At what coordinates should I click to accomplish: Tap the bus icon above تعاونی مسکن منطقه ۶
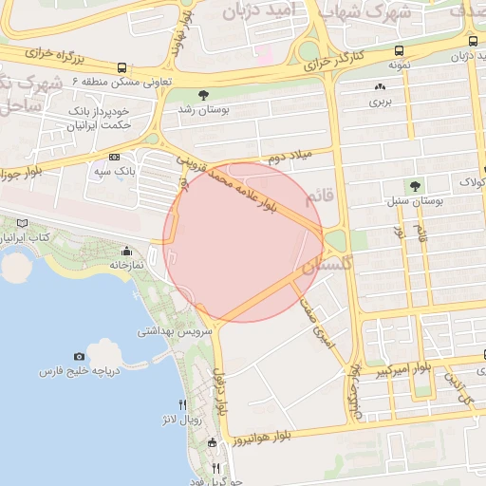(x=122, y=67)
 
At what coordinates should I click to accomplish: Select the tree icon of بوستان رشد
(x=203, y=94)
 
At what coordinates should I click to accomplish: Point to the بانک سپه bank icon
(x=115, y=156)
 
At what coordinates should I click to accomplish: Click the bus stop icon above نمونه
(x=398, y=50)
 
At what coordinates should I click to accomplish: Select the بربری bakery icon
(x=380, y=86)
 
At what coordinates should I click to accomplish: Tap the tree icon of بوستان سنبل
(x=413, y=186)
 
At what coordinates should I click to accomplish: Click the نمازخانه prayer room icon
(x=126, y=252)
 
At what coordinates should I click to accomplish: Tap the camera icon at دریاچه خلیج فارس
(x=79, y=357)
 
